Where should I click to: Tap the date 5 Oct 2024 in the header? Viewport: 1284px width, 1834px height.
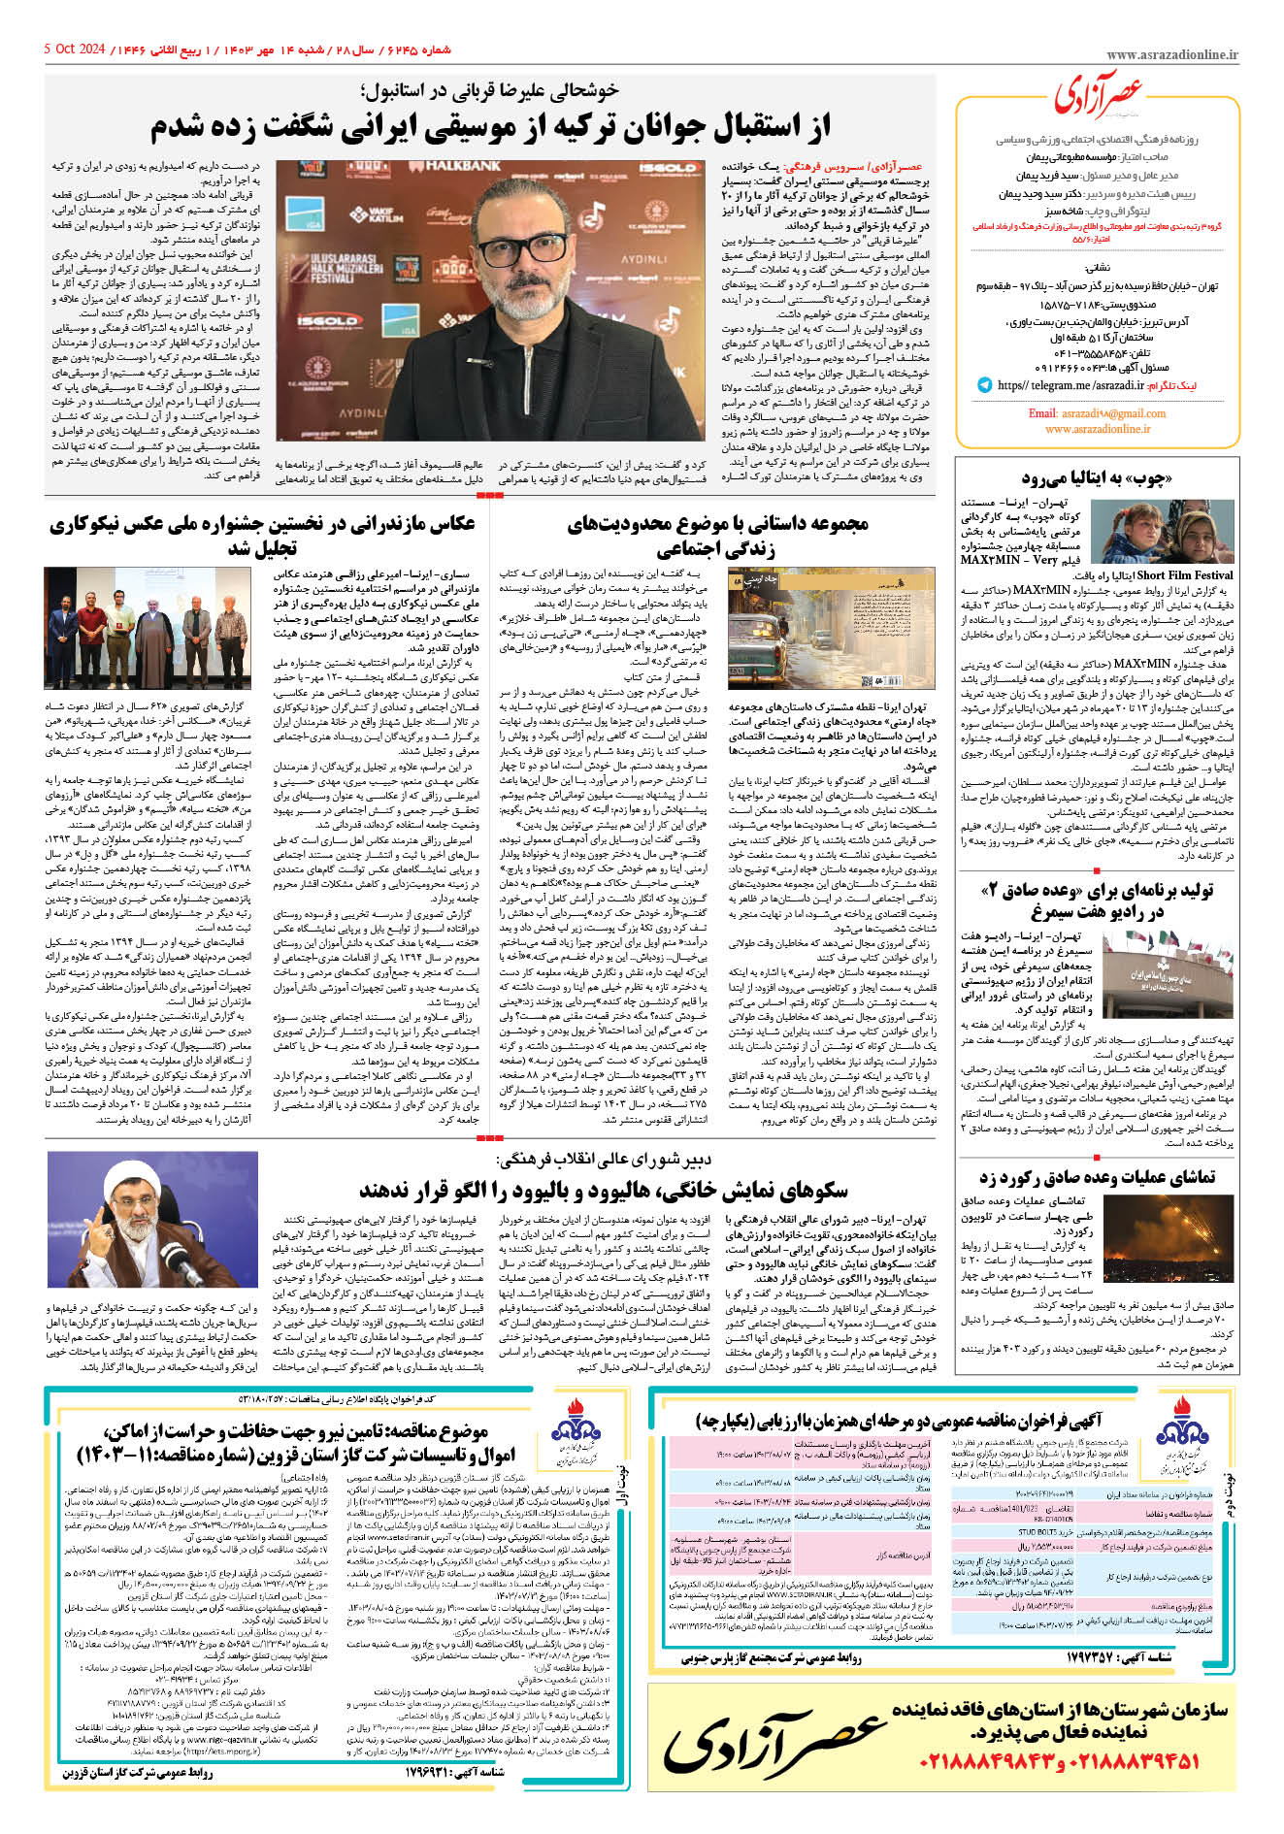click(75, 49)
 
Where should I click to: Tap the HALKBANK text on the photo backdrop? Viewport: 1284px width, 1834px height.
click(462, 166)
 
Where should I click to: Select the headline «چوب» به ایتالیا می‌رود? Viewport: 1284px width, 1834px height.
click(1096, 477)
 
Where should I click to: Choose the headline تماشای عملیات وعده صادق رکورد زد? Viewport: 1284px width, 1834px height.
click(1096, 1178)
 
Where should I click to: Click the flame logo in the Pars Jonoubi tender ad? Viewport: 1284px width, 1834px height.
click(1186, 1425)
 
